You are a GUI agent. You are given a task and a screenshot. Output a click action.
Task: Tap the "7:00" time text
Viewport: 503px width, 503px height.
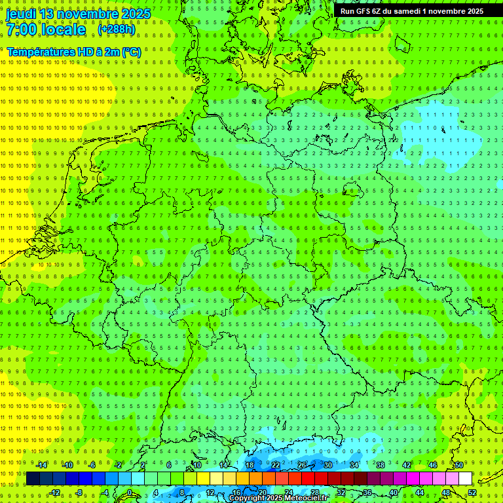click(23, 29)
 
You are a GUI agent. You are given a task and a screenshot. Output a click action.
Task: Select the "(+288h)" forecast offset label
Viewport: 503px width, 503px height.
click(117, 29)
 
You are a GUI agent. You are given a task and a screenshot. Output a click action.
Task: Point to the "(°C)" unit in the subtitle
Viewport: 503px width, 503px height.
click(130, 52)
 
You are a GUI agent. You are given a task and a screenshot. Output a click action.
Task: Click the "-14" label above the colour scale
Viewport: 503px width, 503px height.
click(41, 465)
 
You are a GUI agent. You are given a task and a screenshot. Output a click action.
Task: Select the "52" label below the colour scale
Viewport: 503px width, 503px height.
click(472, 493)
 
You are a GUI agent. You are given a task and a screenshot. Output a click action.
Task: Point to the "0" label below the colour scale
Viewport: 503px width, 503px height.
click(130, 493)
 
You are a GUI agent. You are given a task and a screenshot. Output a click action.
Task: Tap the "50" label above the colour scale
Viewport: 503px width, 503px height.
click(459, 465)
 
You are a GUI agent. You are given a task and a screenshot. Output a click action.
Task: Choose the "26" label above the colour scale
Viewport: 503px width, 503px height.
click(302, 465)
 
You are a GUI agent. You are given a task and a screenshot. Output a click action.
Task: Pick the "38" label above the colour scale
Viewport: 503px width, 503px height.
click(381, 465)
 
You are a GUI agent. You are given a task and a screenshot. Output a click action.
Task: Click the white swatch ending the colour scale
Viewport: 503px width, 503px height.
click(466, 478)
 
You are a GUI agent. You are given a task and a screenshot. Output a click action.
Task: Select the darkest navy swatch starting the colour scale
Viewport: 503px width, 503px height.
click(33, 478)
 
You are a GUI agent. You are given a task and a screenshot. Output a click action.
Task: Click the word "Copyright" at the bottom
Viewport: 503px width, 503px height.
click(247, 498)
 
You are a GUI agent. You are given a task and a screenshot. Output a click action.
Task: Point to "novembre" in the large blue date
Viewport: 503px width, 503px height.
click(94, 14)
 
